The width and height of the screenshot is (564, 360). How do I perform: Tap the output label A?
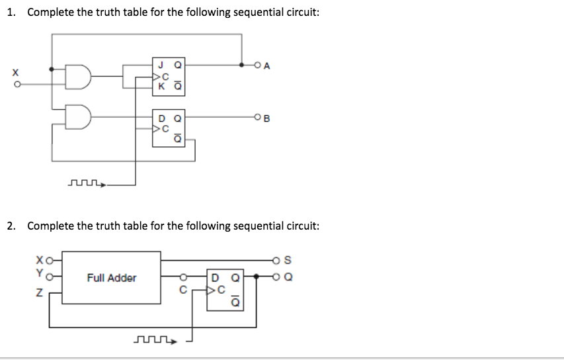pyautogui.click(x=266, y=65)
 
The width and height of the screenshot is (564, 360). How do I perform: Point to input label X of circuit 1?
pyautogui.click(x=8, y=70)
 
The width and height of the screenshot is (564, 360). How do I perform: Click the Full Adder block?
pyautogui.click(x=111, y=278)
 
